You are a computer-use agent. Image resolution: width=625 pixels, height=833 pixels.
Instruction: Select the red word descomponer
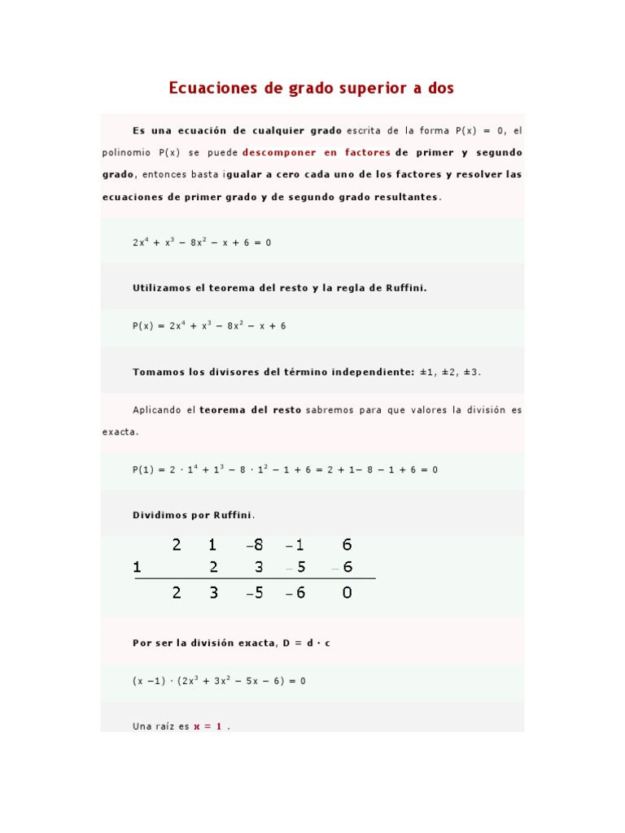(279, 152)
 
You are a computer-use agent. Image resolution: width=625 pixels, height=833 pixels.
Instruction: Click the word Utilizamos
(160, 287)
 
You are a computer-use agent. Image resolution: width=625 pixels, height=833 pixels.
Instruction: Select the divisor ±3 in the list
(472, 372)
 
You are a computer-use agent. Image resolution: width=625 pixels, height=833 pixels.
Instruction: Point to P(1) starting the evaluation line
(143, 469)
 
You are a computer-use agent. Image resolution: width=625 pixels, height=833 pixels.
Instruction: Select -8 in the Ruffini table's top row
(255, 545)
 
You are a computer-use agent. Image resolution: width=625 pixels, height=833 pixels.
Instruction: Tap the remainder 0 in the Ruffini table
(347, 593)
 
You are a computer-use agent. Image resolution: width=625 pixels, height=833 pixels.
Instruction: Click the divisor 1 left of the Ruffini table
(138, 568)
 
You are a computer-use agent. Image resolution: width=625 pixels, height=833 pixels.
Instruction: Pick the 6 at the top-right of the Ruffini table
(347, 545)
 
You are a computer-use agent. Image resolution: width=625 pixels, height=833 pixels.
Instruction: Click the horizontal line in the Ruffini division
(255, 579)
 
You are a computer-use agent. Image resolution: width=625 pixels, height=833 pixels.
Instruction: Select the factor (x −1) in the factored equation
(149, 681)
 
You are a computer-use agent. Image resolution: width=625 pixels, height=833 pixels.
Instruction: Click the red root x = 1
(208, 726)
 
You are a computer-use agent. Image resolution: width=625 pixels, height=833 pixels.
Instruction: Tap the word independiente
(374, 372)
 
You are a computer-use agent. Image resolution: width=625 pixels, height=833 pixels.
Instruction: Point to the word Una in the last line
(142, 726)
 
